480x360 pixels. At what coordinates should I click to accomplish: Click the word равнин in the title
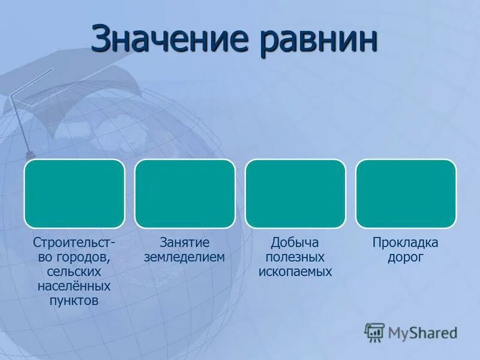pos(319,40)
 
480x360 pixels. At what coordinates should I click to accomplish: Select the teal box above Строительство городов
pos(74,193)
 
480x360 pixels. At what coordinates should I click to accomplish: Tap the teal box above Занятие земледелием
pos(185,193)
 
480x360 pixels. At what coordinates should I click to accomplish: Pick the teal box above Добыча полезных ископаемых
pos(295,193)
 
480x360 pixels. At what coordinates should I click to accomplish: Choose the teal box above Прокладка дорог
pos(406,193)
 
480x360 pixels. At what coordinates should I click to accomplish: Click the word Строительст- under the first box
pos(74,243)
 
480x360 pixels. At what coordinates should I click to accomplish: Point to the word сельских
pos(74,272)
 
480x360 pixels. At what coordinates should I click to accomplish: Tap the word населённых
pos(74,286)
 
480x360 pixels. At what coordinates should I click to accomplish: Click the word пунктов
pos(74,301)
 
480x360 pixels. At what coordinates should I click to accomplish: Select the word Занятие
pos(185,243)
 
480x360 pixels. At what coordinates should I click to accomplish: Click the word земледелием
pos(185,257)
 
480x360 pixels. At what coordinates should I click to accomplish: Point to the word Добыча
pos(295,243)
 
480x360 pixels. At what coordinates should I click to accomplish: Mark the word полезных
pos(295,257)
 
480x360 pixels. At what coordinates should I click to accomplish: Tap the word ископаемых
pos(295,272)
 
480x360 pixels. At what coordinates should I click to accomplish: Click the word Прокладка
pos(406,243)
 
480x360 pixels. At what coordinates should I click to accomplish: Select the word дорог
pos(406,257)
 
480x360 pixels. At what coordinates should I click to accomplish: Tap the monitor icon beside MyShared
pos(374,332)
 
